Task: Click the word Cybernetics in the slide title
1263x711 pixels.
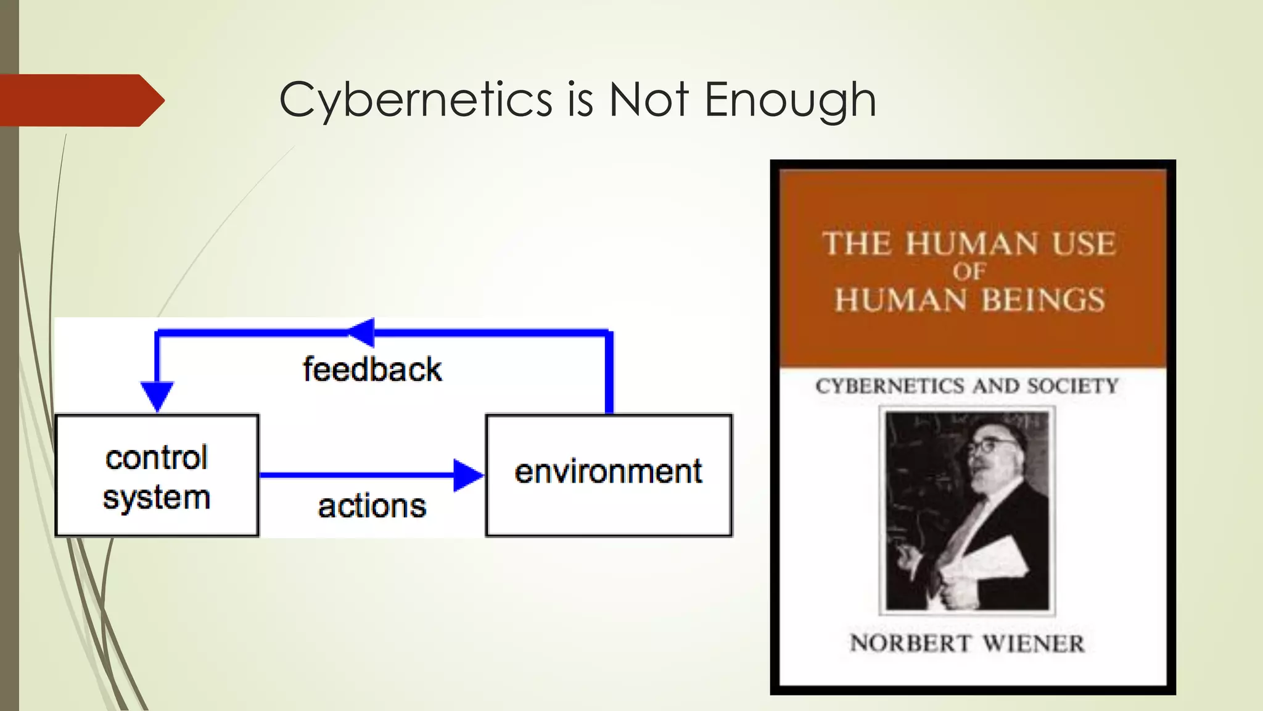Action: [x=416, y=100]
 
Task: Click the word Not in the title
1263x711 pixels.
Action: [x=649, y=100]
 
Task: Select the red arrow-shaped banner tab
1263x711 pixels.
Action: [x=80, y=100]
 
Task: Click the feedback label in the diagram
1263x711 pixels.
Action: [x=372, y=370]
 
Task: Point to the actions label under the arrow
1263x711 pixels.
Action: [x=372, y=506]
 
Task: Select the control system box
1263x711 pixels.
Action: [x=157, y=475]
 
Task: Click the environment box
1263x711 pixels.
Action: [x=609, y=475]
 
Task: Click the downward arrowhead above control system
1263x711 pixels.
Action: [x=157, y=395]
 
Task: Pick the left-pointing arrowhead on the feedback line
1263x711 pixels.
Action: [x=362, y=333]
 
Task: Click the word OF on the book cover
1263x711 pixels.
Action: [x=969, y=272]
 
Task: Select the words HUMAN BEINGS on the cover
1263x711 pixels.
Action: [x=969, y=301]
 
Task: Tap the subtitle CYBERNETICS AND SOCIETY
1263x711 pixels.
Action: [x=966, y=386]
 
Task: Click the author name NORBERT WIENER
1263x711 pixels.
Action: [x=966, y=644]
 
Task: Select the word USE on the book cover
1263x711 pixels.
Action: [x=1084, y=244]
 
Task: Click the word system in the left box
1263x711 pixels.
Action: [x=157, y=498]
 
